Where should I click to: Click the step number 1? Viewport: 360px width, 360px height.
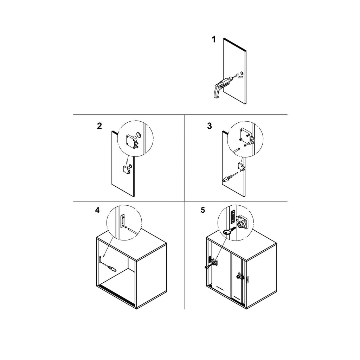coord(213,39)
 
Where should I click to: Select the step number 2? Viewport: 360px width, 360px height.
coord(99,126)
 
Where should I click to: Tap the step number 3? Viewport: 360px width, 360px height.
coord(210,126)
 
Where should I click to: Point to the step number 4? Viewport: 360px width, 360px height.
coord(97,210)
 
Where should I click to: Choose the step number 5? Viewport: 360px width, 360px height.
coord(203,210)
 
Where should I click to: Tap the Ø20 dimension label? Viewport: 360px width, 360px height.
coord(241,77)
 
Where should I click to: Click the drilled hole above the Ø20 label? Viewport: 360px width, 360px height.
coord(242,73)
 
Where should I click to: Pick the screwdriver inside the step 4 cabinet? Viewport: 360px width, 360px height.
coord(110,268)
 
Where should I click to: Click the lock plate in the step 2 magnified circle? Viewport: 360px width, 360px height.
coord(131,140)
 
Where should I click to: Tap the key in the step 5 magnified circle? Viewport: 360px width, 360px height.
coord(229,231)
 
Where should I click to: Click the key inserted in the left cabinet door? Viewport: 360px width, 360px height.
coord(208,266)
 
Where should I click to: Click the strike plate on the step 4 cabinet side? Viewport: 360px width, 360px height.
coord(100,260)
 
